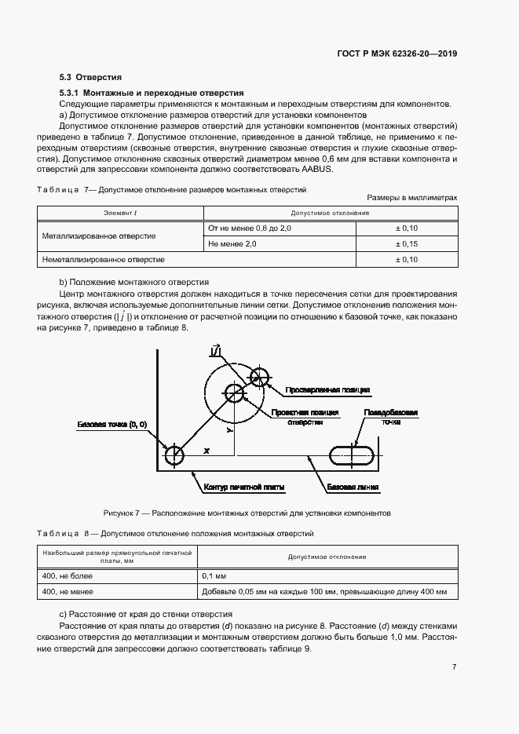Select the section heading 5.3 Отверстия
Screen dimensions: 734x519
[x=90, y=78]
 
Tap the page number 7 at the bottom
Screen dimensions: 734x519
[x=454, y=667]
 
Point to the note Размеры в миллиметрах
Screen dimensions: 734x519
[x=411, y=199]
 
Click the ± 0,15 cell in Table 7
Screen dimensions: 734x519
[x=405, y=244]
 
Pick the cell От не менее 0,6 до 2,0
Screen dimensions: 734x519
[x=249, y=228]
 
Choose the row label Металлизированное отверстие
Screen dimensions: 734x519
[x=98, y=236]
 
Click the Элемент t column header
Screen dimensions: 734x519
[x=121, y=213]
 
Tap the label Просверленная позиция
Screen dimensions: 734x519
[x=329, y=389]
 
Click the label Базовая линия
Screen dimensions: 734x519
[x=353, y=487]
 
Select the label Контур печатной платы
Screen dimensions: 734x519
[x=243, y=488]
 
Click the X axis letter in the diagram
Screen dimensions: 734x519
[x=206, y=451]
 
